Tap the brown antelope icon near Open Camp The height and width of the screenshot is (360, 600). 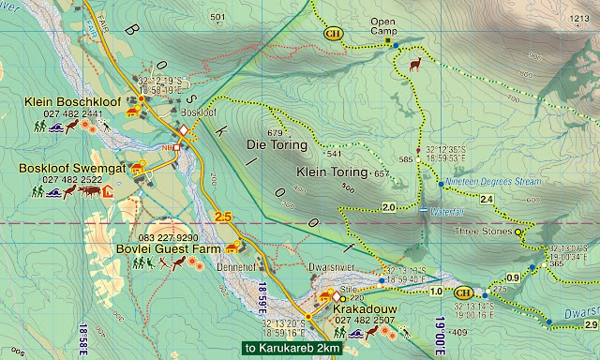pyautogui.click(x=415, y=64)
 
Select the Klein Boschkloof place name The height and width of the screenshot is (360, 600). pyautogui.click(x=64, y=100)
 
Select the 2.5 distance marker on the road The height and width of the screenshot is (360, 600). pyautogui.click(x=223, y=217)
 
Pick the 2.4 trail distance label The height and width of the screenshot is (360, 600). pyautogui.click(x=487, y=200)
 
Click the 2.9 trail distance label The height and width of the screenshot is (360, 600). pyautogui.click(x=591, y=324)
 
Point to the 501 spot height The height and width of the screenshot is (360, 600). pyautogui.click(x=218, y=17)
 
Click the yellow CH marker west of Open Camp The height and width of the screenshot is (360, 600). pyautogui.click(x=333, y=35)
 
